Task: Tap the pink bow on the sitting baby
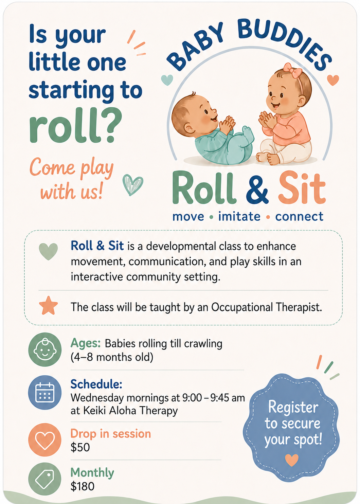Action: pyautogui.click(x=292, y=70)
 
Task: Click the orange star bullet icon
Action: pyautogui.click(x=48, y=306)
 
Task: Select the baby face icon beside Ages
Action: pyautogui.click(x=45, y=349)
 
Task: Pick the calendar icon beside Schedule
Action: pyautogui.click(x=45, y=392)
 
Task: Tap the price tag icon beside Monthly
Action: pyautogui.click(x=45, y=479)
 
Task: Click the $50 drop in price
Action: pyautogui.click(x=80, y=447)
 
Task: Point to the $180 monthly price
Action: pyautogui.click(x=82, y=486)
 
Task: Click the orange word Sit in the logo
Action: pyautogui.click(x=302, y=187)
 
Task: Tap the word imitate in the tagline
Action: pyautogui.click(x=239, y=216)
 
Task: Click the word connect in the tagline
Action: pyautogui.click(x=299, y=217)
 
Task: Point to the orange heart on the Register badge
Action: pyautogui.click(x=292, y=460)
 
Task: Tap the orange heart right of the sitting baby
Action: pyautogui.click(x=333, y=80)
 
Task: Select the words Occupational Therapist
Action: pyautogui.click(x=267, y=307)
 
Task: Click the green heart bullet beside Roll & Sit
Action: pyautogui.click(x=48, y=252)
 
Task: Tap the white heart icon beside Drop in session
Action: pyautogui.click(x=45, y=440)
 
